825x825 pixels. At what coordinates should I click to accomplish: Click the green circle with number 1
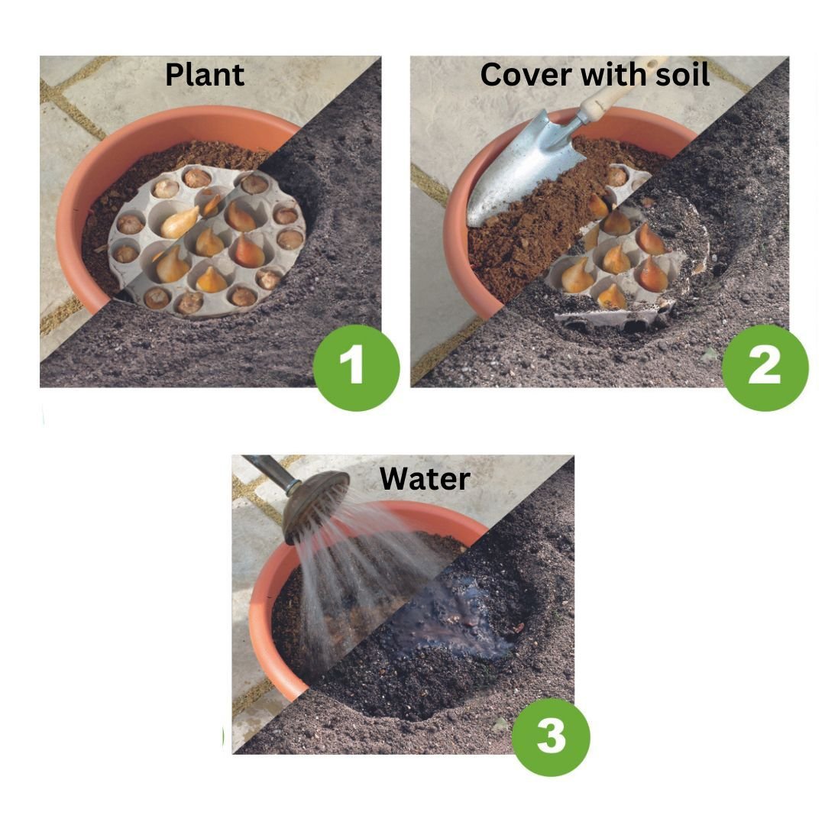(x=356, y=367)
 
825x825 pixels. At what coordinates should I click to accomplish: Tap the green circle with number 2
(x=765, y=367)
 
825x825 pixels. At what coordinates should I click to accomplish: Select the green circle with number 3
(x=551, y=736)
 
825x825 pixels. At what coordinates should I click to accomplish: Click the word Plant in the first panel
(x=205, y=75)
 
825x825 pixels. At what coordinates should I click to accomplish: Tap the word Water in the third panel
(x=425, y=479)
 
